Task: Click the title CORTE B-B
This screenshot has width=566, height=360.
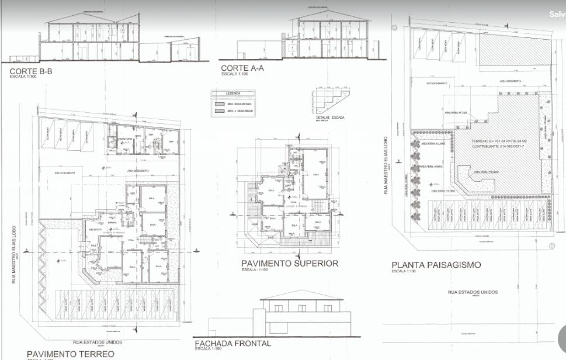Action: (x=31, y=72)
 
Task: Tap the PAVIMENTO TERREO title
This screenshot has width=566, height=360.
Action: (x=67, y=354)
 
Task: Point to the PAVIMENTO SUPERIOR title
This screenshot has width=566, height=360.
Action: (x=289, y=264)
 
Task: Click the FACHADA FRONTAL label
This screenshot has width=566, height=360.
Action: (x=232, y=343)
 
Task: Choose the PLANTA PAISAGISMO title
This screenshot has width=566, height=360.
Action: (x=436, y=265)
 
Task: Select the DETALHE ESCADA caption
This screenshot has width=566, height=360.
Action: (x=329, y=117)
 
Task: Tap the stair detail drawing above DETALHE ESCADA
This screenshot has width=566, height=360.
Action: (x=331, y=101)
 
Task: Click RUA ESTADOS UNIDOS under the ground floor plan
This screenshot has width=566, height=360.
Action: (x=97, y=342)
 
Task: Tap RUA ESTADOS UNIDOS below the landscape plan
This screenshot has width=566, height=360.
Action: (x=473, y=292)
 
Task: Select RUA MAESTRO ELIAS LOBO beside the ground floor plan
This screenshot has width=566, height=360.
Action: (x=18, y=255)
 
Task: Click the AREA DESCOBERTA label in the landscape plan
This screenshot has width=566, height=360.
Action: (x=506, y=81)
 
